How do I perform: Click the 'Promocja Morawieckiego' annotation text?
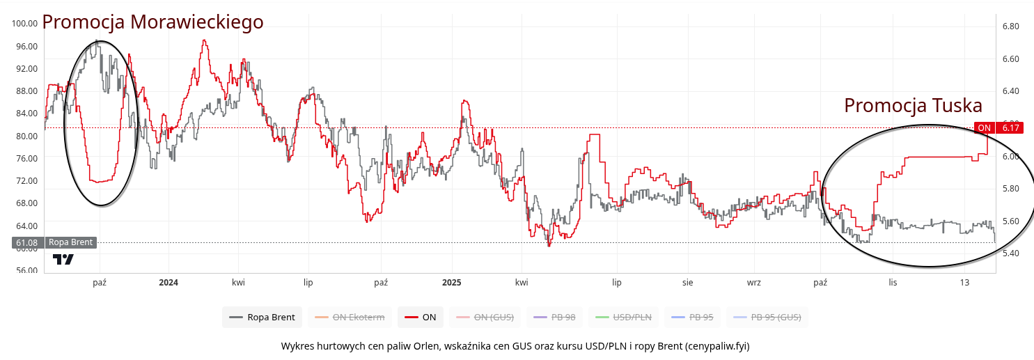pyautogui.click(x=152, y=22)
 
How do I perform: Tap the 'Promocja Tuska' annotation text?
pyautogui.click(x=913, y=106)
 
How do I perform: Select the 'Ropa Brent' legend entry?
pyautogui.click(x=263, y=318)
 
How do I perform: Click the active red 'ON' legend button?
pyautogui.click(x=420, y=318)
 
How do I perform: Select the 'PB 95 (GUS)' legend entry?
pyautogui.click(x=767, y=318)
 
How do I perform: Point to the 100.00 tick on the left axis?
pyautogui.click(x=24, y=24)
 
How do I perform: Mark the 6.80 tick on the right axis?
pyautogui.click(x=1010, y=26)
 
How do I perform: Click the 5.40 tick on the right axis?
pyautogui.click(x=1010, y=253)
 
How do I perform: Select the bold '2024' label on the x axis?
pyautogui.click(x=169, y=283)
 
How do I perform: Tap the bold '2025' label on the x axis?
pyautogui.click(x=452, y=283)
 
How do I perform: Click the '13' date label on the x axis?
pyautogui.click(x=964, y=283)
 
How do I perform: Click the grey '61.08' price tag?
pyautogui.click(x=26, y=243)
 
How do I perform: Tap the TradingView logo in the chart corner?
pyautogui.click(x=63, y=259)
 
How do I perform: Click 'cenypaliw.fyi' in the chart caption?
pyautogui.click(x=716, y=346)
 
